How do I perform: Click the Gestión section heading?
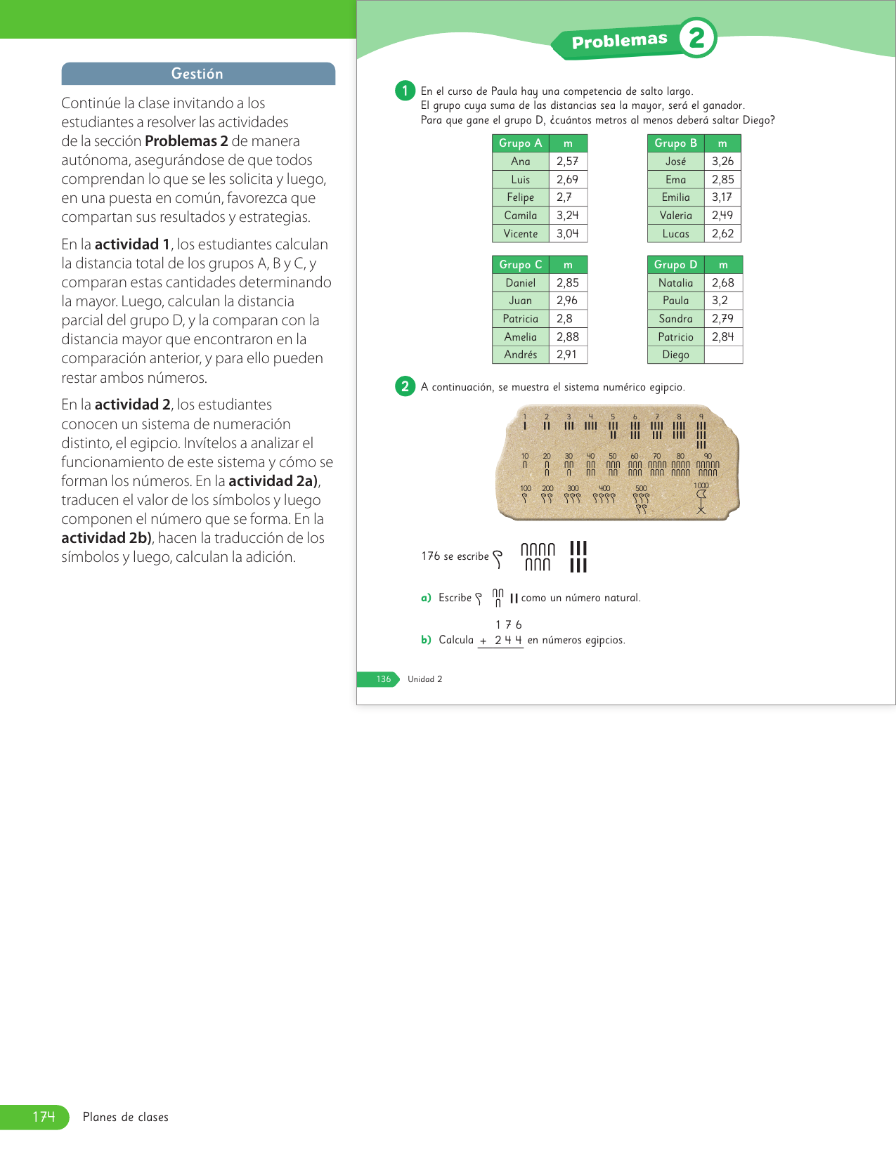pos(197,74)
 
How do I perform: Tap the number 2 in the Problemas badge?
pos(696,38)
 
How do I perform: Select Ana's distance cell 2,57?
pos(567,162)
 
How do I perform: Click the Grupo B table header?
pos(675,143)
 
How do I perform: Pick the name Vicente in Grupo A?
pos(521,234)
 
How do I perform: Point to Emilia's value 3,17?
pos(722,197)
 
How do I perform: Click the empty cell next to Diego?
pos(722,355)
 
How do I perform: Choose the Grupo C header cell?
pos(520,265)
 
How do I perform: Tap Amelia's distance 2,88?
pos(567,337)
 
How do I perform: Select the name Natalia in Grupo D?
pos(675,283)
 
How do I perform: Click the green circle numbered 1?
pos(405,91)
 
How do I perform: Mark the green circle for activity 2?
pos(405,386)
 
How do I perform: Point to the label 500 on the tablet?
pos(641,488)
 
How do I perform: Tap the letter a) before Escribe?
pos(426,598)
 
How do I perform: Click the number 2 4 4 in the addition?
pos(508,640)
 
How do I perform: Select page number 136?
pos(384,679)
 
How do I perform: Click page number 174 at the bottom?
pos(44,1117)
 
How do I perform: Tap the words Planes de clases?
pos(126,1117)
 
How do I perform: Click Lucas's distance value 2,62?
pos(722,234)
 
